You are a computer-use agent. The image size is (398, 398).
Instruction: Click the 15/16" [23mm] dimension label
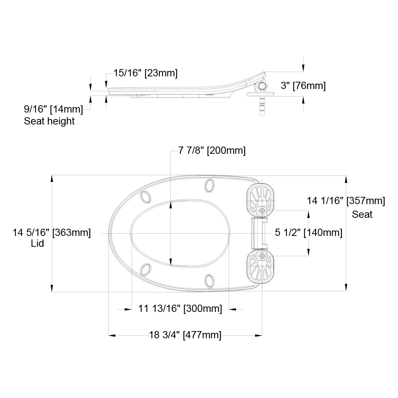pyautogui.click(x=145, y=73)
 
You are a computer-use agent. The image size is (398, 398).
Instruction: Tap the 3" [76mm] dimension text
pyautogui.click(x=303, y=85)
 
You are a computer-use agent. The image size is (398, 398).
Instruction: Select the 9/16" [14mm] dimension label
pyautogui.click(x=53, y=109)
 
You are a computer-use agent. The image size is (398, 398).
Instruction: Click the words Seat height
pyautogui.click(x=49, y=121)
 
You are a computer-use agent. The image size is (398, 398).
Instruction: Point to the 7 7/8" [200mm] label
pyautogui.click(x=212, y=151)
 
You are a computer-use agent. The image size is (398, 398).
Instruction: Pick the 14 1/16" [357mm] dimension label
pyautogui.click(x=346, y=201)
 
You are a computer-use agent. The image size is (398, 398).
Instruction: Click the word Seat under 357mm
pyautogui.click(x=362, y=215)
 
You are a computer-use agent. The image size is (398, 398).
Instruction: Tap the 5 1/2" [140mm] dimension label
pyautogui.click(x=309, y=233)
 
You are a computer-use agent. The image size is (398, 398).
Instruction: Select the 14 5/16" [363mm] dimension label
pyautogui.click(x=51, y=233)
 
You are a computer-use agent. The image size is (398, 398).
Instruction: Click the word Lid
pyautogui.click(x=37, y=244)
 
